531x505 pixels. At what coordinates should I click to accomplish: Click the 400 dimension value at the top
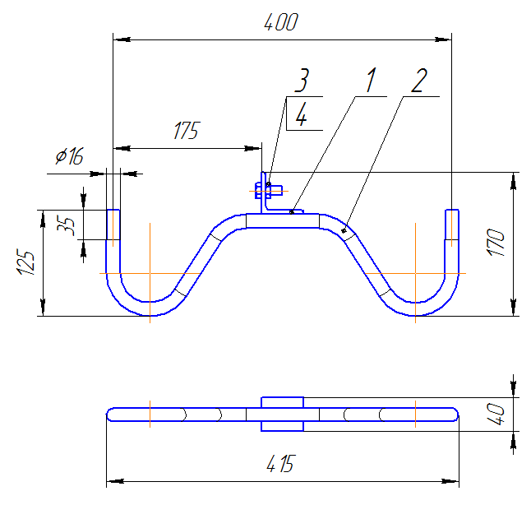tap(281, 22)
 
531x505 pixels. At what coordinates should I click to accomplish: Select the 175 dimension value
tap(187, 131)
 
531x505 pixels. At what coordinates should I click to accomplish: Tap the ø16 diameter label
tap(69, 156)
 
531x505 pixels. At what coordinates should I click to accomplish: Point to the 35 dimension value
tap(66, 225)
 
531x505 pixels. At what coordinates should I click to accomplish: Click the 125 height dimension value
tap(25, 262)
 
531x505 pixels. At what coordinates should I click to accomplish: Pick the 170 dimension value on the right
tap(496, 243)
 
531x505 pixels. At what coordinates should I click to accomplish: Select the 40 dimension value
tap(496, 414)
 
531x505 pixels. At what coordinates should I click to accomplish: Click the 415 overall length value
tap(281, 463)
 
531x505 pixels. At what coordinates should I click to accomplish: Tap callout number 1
tap(372, 80)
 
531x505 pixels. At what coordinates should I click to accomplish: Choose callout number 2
tap(419, 81)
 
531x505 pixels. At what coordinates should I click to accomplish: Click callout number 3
tap(302, 80)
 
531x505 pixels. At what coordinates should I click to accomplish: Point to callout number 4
tap(301, 114)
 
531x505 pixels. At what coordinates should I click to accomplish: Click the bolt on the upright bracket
tap(269, 191)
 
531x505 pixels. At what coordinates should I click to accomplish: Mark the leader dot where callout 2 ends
tap(344, 231)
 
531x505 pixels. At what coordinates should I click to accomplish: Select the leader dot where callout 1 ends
tap(292, 212)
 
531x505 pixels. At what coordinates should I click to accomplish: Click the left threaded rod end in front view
tap(113, 225)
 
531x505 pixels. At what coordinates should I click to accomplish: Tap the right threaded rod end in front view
tap(452, 225)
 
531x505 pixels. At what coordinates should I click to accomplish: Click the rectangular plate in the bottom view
tap(283, 415)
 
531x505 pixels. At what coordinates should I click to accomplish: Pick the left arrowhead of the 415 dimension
tap(115, 481)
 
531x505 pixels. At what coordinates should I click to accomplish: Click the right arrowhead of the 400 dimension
tap(443, 39)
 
